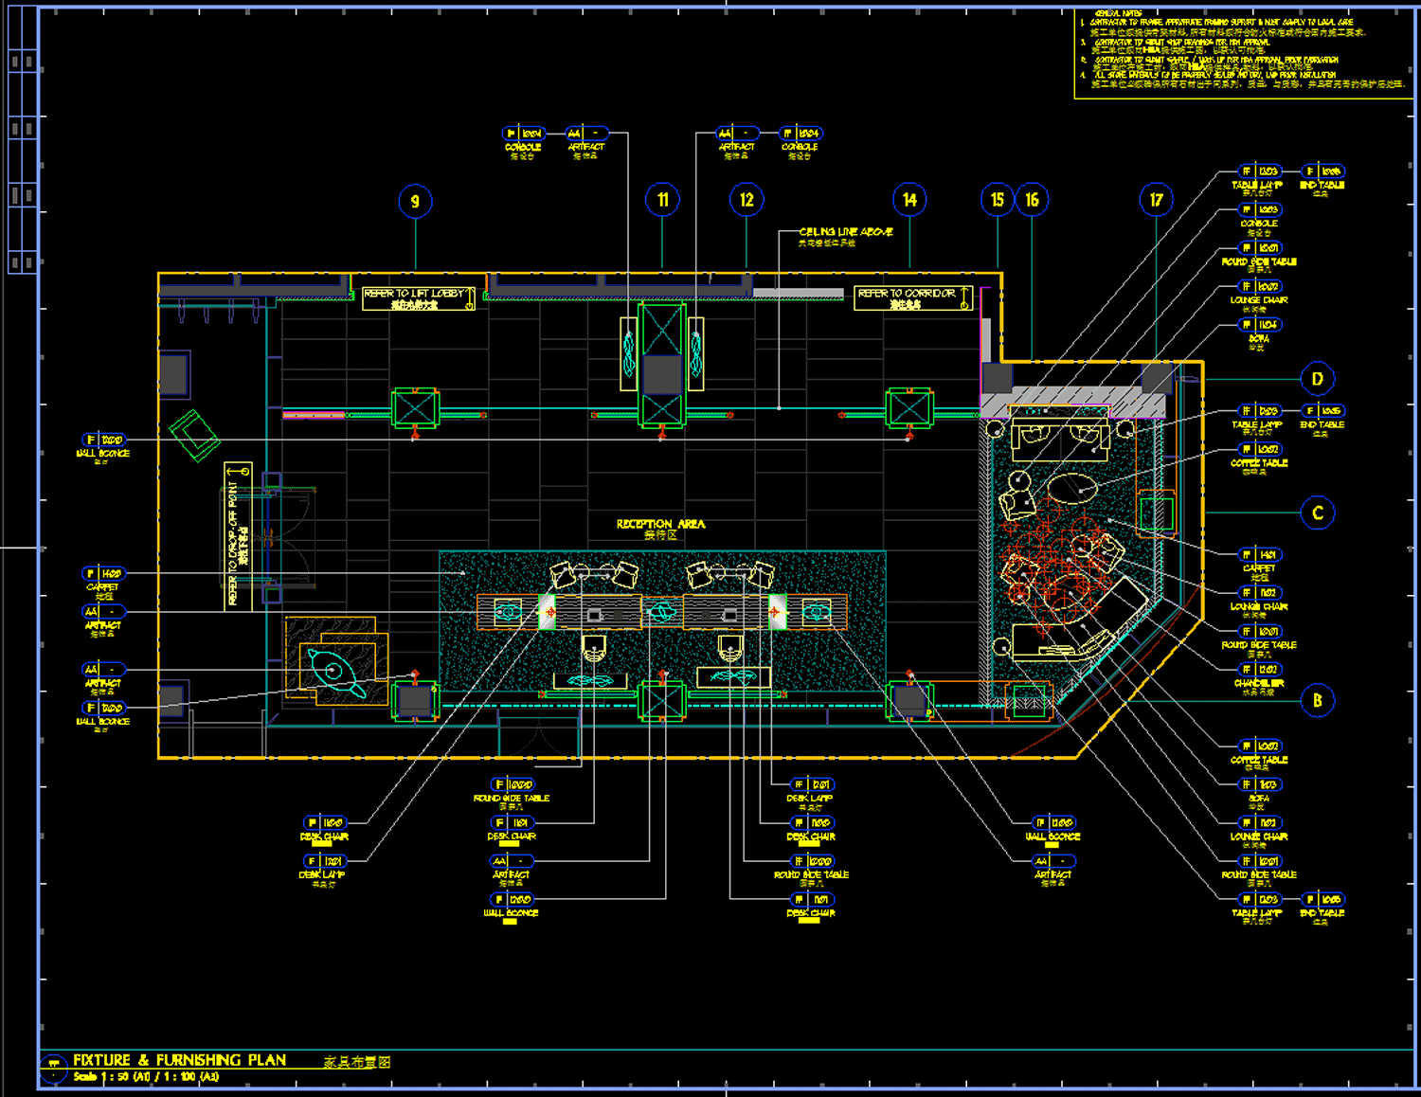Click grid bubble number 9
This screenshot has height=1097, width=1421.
point(415,202)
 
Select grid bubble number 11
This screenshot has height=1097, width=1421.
point(662,200)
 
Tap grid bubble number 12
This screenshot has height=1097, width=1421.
point(746,200)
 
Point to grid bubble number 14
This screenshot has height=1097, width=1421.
point(909,200)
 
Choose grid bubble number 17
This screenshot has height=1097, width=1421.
point(1156,200)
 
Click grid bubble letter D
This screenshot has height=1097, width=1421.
point(1317,379)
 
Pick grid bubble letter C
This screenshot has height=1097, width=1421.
point(1317,513)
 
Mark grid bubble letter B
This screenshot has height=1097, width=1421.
point(1317,701)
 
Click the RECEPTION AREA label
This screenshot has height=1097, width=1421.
point(660,524)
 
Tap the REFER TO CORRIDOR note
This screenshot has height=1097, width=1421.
point(912,298)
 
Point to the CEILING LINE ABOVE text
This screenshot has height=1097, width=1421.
point(845,232)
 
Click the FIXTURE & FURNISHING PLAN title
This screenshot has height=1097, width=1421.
point(180,1060)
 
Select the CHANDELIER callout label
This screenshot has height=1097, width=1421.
point(1259,683)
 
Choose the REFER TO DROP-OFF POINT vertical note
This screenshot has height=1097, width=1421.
point(238,536)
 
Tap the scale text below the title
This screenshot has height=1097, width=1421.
point(146,1077)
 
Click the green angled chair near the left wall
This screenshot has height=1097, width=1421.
point(195,436)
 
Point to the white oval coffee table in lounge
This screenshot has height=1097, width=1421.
point(1072,488)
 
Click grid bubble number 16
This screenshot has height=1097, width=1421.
point(1032,200)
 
